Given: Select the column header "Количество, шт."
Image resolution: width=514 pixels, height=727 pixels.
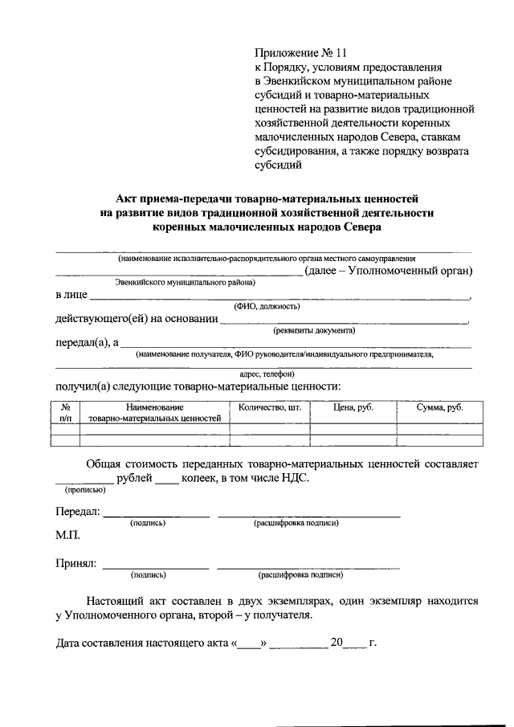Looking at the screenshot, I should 268,408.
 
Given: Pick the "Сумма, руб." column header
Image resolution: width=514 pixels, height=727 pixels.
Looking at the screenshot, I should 439,408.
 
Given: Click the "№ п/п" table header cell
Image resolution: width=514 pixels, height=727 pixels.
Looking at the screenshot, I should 65,413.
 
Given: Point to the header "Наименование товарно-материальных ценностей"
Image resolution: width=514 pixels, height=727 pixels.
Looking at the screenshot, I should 154,413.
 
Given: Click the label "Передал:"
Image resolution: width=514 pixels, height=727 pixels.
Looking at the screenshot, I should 77,512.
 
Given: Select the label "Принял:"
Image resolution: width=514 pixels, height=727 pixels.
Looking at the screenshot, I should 76,563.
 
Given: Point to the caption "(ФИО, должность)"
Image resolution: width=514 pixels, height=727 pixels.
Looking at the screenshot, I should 267,307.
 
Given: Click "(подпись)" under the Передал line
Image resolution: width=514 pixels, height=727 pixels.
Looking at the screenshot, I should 148,523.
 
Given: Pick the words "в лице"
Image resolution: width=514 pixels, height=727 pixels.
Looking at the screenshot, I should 71,296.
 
